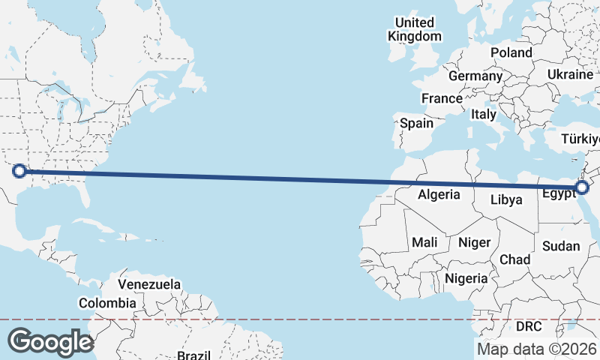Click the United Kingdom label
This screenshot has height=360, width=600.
pyautogui.click(x=415, y=29)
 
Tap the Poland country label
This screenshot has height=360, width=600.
pyautogui.click(x=511, y=52)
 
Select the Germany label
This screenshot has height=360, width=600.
pyautogui.click(x=475, y=76)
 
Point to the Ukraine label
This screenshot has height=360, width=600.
pyautogui.click(x=570, y=75)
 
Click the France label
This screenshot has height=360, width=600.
pyautogui.click(x=442, y=98)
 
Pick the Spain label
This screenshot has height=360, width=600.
pyautogui.click(x=416, y=123)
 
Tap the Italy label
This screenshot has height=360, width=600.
pyautogui.click(x=484, y=115)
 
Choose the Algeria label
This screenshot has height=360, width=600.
pyautogui.click(x=439, y=194)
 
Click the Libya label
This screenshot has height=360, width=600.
pyautogui.click(x=506, y=200)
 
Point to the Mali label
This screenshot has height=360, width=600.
pyautogui.click(x=424, y=242)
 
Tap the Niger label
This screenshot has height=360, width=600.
pyautogui.click(x=474, y=242)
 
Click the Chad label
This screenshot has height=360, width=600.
pyautogui.click(x=515, y=259)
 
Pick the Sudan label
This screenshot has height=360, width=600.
pyautogui.click(x=561, y=246)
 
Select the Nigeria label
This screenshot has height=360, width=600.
pyautogui.click(x=466, y=278)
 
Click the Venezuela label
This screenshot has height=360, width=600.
pyautogui.click(x=149, y=285)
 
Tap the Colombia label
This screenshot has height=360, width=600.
pyautogui.click(x=108, y=304)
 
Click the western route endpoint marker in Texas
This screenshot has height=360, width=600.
pyautogui.click(x=19, y=172)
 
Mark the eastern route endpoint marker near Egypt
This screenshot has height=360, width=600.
pyautogui.click(x=581, y=187)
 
